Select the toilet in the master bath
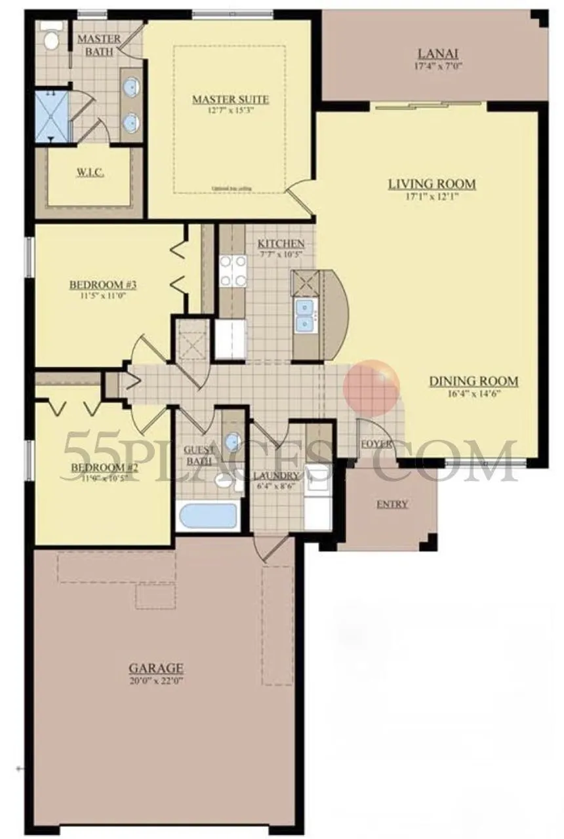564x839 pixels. pos(50,39)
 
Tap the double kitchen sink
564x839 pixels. pos(304,315)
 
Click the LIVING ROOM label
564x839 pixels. pos(431,184)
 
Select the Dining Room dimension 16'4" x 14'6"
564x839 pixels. pos(473,394)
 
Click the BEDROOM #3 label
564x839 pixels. pos(102,284)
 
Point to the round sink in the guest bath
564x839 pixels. pos(232,441)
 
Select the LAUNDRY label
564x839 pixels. pos(277,475)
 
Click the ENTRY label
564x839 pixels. pos(392,503)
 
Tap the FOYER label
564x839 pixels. pos(376,444)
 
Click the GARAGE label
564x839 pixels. pos(155,669)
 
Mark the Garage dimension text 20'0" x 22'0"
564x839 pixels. pos(155,682)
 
